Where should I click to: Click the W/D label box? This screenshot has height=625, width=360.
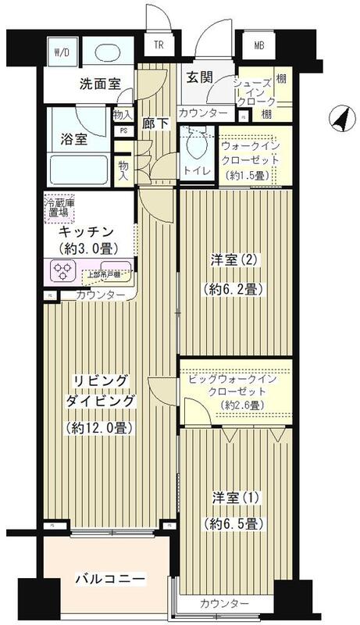click(61, 53)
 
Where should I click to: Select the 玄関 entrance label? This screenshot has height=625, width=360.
click(198, 79)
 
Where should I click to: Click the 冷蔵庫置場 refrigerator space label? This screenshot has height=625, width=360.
click(59, 207)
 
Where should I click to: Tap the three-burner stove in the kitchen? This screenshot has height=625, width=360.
click(62, 270)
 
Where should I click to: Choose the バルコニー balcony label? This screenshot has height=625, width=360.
click(109, 579)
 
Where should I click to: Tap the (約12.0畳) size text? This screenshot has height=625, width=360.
click(97, 427)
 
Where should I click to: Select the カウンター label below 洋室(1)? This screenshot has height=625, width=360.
click(225, 604)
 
